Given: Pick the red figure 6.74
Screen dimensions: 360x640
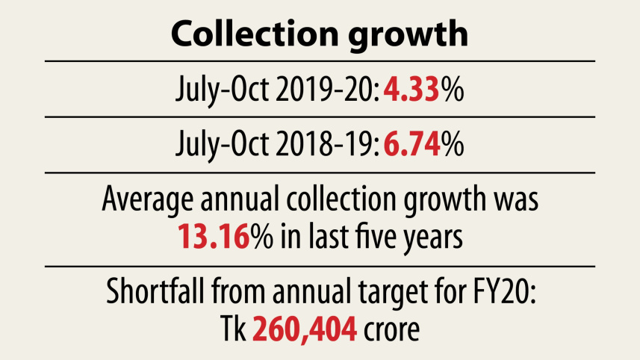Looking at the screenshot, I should (x=412, y=144).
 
